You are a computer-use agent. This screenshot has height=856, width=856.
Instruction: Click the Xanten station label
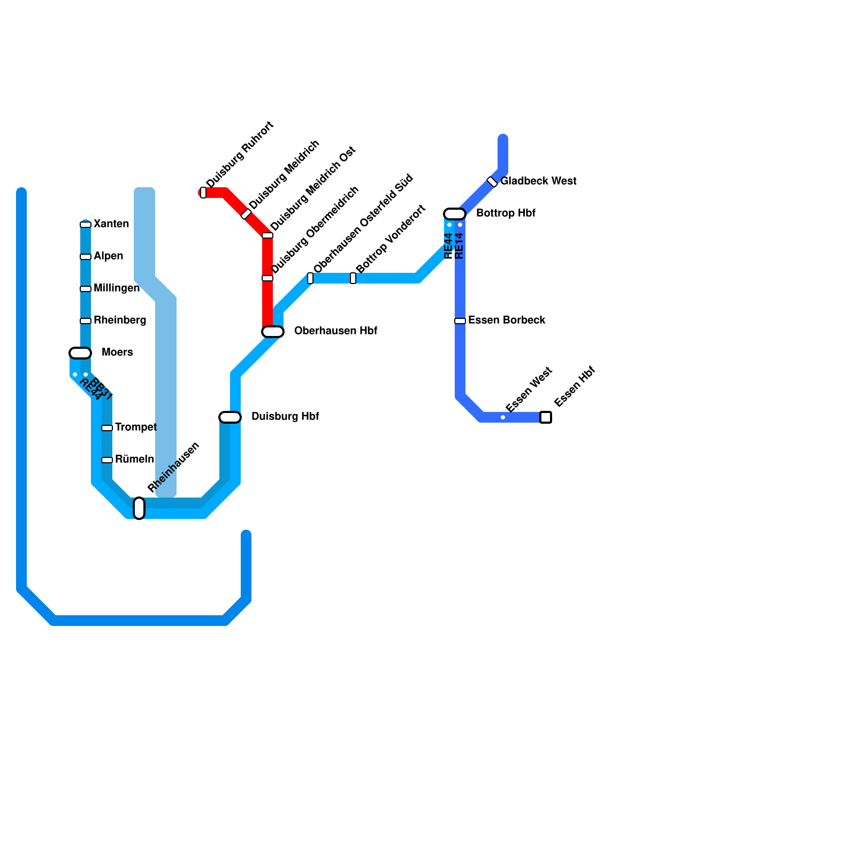pos(111,224)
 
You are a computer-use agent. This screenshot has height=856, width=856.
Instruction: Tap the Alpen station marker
pos(86,257)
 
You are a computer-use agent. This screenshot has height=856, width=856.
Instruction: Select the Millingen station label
pos(116,288)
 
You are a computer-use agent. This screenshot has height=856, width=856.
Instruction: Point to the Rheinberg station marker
pos(86,321)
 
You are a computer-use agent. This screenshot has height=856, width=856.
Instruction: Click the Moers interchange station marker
pos(80,353)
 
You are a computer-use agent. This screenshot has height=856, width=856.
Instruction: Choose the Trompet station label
pos(135,427)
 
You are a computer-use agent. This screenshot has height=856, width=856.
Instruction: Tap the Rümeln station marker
pos(107,460)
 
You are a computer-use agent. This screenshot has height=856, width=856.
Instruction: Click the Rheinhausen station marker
pos(139,508)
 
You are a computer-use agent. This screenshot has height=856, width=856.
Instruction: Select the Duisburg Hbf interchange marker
pos(230,417)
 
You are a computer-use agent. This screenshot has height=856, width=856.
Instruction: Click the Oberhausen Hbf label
pos(335,331)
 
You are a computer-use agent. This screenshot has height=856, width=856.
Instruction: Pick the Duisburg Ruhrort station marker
pos(203,193)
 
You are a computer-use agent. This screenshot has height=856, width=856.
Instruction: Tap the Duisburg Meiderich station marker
pos(246,214)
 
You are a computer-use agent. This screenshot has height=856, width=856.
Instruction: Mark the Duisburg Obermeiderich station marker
pos(267,278)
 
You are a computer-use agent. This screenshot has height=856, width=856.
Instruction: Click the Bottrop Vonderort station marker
pos(353,278)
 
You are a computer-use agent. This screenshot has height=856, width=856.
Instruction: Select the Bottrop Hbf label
pos(506,213)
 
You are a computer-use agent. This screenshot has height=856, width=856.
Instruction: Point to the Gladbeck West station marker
pos(492,182)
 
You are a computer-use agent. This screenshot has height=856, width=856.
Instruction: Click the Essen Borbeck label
pos(507,320)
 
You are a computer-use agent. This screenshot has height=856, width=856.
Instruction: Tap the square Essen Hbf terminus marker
pos(546,417)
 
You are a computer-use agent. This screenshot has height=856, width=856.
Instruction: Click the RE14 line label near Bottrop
pos(459,246)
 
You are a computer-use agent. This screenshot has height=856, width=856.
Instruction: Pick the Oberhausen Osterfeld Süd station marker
pos(310,278)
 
